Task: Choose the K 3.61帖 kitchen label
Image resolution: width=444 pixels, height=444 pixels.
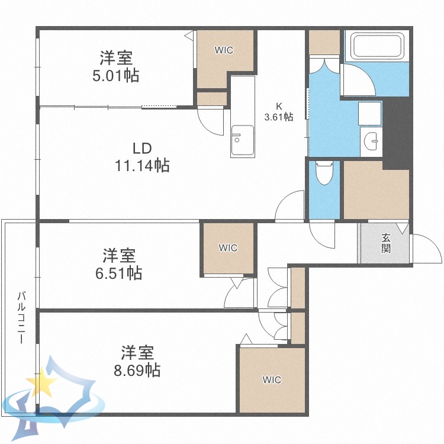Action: [278, 112]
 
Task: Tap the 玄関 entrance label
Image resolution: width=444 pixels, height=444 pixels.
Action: [385, 243]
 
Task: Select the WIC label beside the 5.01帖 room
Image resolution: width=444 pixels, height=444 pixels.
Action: [224, 50]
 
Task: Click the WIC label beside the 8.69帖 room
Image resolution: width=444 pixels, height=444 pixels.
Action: [272, 379]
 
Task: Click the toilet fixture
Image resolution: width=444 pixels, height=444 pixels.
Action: [323, 173]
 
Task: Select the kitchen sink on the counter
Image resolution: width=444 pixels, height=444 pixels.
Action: [242, 140]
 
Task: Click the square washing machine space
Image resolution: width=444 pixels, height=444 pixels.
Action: [369, 112]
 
